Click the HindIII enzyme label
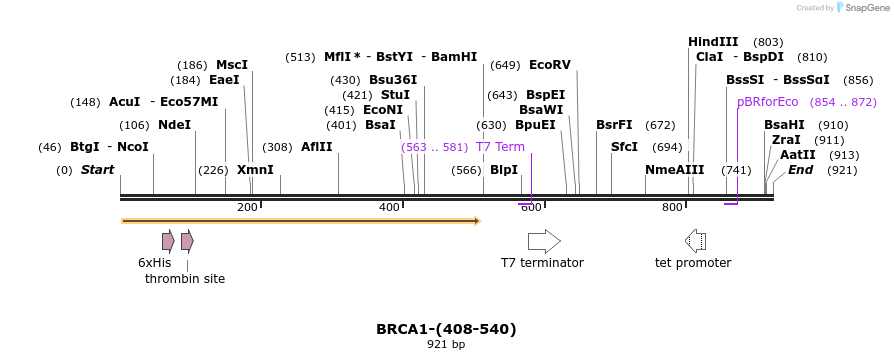pyautogui.click(x=713, y=42)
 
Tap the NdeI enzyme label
pyautogui.click(x=174, y=125)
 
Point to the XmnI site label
pyautogui.click(x=255, y=170)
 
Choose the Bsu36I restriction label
pyautogui.click(x=393, y=80)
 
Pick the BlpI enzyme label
pyautogui.click(x=504, y=170)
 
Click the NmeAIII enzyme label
pyautogui.click(x=675, y=170)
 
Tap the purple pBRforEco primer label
pyautogui.click(x=767, y=102)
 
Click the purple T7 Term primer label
pyautogui.click(x=500, y=147)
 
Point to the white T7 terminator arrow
pyautogui.click(x=544, y=241)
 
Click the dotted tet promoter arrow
pyautogui.click(x=695, y=241)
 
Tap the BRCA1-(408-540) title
pyautogui.click(x=446, y=328)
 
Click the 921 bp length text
pyautogui.click(x=446, y=344)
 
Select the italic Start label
pyautogui.click(x=97, y=170)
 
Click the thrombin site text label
pyautogui.click(x=185, y=279)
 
